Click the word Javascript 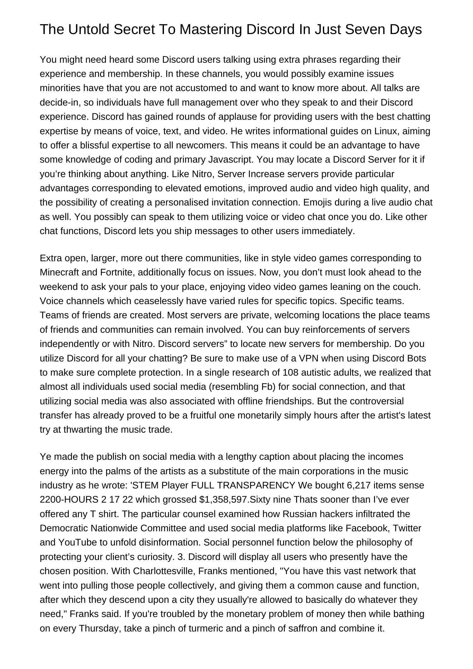pos(231,159)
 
